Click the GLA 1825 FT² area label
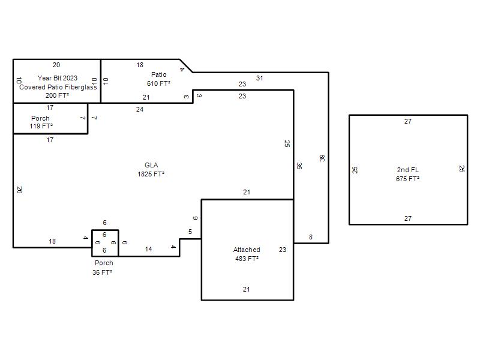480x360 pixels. [x=151, y=170]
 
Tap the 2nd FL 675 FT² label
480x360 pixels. [x=408, y=174]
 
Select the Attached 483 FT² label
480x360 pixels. [x=247, y=254]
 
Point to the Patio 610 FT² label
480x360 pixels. [x=158, y=79]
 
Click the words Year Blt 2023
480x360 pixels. [x=58, y=78]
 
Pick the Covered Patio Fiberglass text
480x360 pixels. [x=58, y=87]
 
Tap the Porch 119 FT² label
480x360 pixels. [x=41, y=122]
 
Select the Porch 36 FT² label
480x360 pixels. [x=103, y=268]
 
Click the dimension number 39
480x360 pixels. [x=322, y=158]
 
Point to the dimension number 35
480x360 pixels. [x=299, y=166]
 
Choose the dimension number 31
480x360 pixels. [x=260, y=78]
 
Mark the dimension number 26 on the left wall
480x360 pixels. [x=19, y=190]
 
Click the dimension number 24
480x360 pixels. [x=140, y=109]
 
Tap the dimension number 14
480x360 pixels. [x=148, y=249]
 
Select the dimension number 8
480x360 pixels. [x=311, y=237]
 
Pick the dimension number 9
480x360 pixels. [x=195, y=218]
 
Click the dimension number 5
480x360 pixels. [x=190, y=232]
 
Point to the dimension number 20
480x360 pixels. [x=56, y=65]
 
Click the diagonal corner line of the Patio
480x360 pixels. [x=186, y=66]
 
